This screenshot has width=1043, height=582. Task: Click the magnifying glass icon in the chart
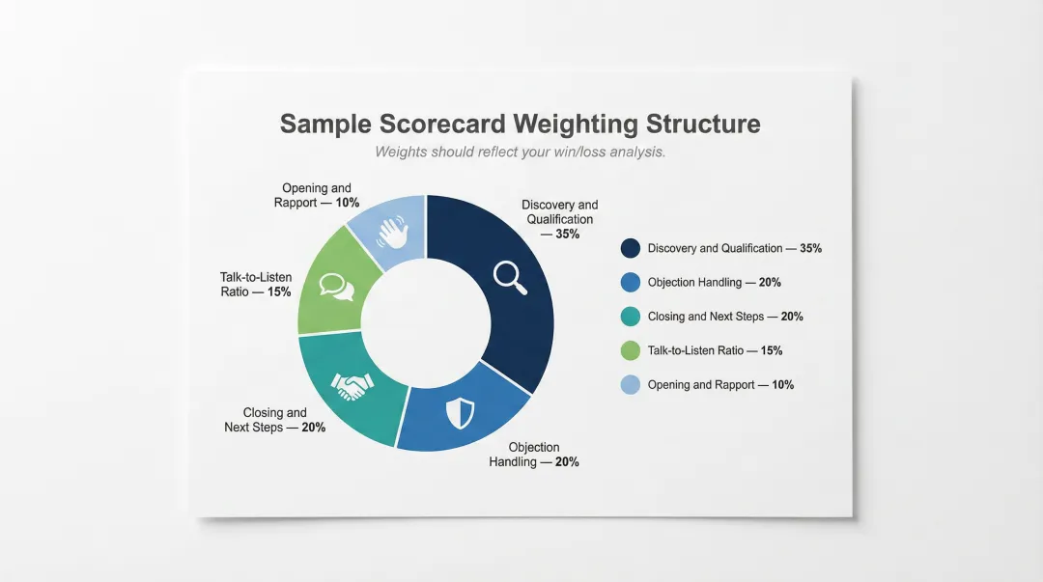[x=509, y=276]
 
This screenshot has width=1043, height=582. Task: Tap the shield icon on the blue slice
[x=460, y=413]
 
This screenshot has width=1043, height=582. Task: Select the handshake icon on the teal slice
[x=352, y=386]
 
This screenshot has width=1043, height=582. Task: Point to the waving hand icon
[x=393, y=232]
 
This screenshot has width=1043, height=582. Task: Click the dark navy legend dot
[x=631, y=248]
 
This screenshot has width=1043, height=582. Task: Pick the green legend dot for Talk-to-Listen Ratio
[x=631, y=350]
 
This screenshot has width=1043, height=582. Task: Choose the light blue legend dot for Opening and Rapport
[x=631, y=384]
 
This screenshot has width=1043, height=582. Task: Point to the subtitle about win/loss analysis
[x=520, y=152]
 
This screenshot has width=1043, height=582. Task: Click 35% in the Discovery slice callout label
[x=568, y=234]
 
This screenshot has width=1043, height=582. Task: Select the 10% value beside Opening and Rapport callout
[x=348, y=203]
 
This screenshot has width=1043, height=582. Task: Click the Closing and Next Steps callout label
[x=274, y=420]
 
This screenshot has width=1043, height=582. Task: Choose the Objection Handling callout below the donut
[x=534, y=455]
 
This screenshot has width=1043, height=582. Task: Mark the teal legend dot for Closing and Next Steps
[x=631, y=317]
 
